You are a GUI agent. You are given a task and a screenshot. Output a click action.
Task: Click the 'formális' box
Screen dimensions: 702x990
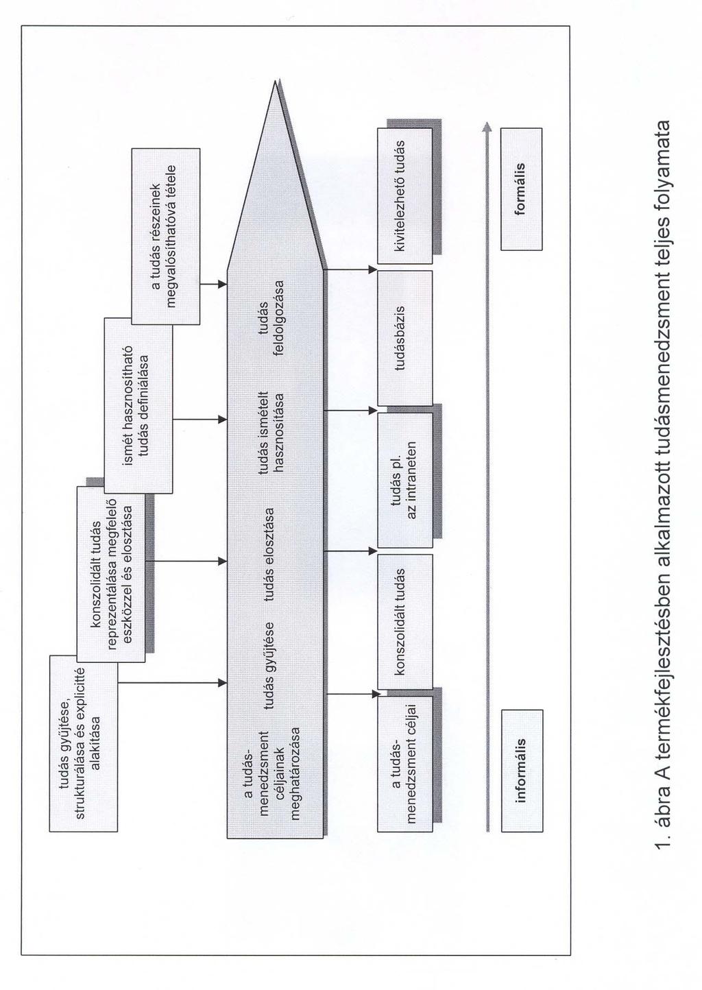(522, 190)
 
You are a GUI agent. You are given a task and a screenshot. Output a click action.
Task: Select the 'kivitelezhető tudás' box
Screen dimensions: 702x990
(404, 196)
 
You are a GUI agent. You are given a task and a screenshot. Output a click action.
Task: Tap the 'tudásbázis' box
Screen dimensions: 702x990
(404, 338)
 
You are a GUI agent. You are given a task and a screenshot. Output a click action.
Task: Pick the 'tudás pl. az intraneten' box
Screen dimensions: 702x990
(404, 480)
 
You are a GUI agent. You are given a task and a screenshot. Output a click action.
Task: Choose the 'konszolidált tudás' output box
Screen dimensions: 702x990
(404, 622)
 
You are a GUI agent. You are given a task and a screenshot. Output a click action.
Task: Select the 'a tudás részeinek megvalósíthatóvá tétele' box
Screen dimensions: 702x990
(166, 237)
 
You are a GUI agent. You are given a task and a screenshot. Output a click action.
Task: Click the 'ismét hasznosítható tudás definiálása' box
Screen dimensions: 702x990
(138, 405)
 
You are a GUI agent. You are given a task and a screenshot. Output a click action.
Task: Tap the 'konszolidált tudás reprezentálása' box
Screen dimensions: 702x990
(111, 575)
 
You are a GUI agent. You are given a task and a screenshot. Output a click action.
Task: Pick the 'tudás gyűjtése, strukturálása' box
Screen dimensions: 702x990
(84, 743)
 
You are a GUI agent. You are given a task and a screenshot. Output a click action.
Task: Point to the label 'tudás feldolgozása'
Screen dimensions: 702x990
(275, 317)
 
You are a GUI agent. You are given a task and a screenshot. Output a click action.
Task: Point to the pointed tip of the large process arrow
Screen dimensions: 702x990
(276, 81)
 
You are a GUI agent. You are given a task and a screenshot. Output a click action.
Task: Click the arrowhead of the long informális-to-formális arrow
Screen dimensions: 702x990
(487, 126)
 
